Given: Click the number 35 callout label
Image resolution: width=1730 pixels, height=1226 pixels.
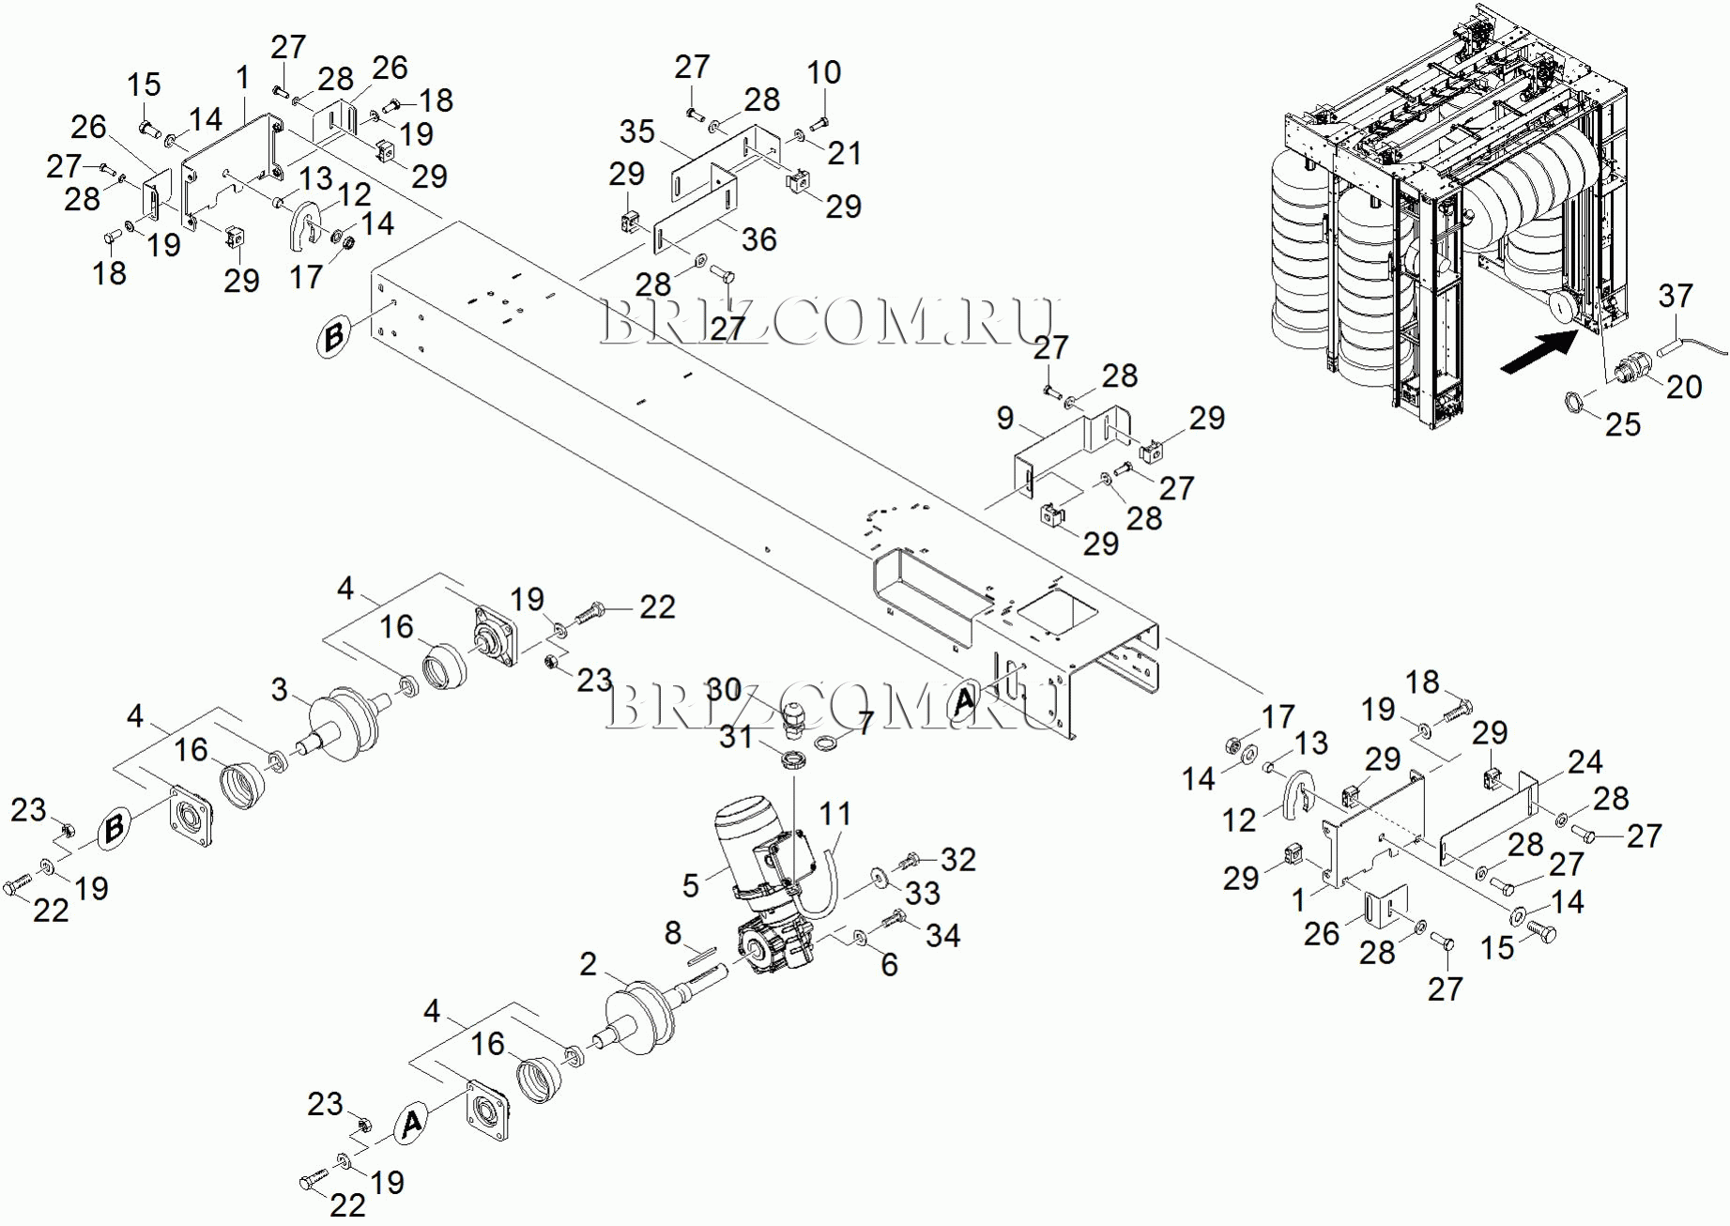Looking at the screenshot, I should click(636, 131).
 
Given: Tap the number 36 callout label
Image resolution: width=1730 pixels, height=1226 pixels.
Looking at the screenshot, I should click(758, 239).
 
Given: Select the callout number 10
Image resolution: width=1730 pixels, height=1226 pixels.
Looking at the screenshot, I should click(823, 72).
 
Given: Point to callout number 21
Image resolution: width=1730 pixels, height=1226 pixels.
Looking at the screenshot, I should click(844, 153).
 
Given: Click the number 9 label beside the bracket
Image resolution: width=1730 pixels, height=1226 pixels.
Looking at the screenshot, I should click(1004, 418).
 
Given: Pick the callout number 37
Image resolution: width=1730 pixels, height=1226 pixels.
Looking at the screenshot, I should click(1676, 296).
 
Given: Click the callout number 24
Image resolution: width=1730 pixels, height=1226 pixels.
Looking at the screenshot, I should click(1585, 761).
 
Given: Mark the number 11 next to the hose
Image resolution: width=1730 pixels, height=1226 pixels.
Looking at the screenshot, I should click(834, 814).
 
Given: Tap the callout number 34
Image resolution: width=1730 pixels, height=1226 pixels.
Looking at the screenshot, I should click(942, 935).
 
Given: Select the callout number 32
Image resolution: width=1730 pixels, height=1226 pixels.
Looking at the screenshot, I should click(957, 859).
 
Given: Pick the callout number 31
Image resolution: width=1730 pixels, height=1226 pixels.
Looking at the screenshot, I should click(736, 737).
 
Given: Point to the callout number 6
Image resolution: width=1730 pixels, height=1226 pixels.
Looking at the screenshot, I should click(889, 964).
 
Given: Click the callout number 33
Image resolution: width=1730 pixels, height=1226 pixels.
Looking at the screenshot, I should click(922, 893).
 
